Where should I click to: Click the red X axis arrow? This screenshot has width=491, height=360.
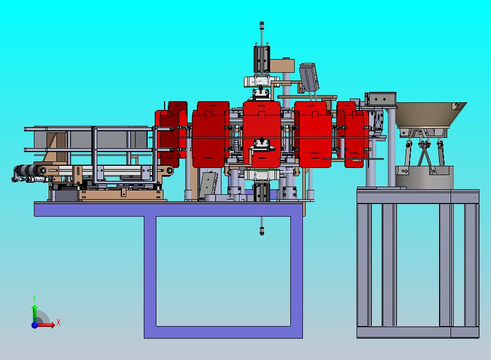tap(46, 325)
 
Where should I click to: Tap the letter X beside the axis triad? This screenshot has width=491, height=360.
tap(59, 322)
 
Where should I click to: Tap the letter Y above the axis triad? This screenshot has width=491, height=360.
tap(34, 298)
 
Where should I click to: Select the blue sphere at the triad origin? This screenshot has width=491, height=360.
tap(34, 325)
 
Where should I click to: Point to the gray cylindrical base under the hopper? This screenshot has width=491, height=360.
tap(424, 177)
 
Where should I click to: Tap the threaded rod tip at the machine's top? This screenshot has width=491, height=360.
tap(262, 24)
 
